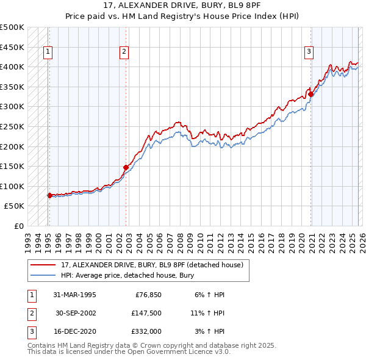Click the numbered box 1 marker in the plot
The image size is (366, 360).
48,52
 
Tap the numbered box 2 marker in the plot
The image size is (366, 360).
124,52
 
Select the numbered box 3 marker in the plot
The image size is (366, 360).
309,52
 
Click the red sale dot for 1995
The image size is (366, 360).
50,195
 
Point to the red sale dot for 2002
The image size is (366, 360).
126,167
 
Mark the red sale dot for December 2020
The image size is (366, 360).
310,94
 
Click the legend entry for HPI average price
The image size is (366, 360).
127,275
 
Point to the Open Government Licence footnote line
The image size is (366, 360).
129,352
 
